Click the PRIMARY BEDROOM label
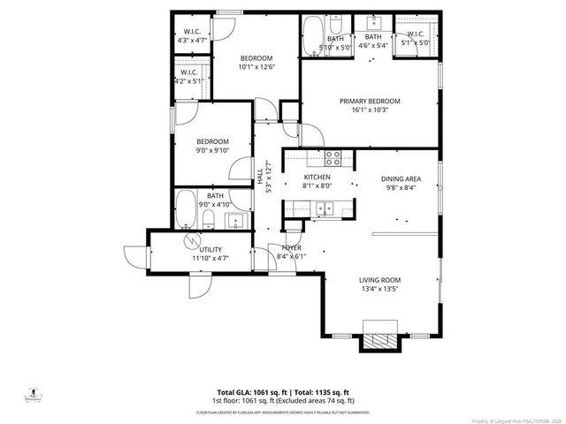(370, 102)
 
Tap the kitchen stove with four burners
(333, 159)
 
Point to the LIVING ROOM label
(379, 280)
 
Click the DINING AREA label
(401, 178)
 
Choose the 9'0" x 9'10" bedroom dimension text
(212, 150)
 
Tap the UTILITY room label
(211, 250)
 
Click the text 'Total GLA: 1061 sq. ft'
(250, 391)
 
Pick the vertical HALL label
(261, 176)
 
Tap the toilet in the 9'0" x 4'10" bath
(208, 219)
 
